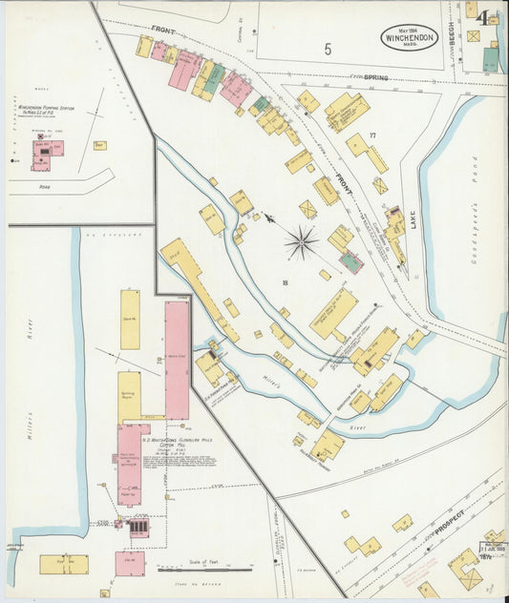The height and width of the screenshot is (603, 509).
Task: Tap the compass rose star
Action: pos(302,242)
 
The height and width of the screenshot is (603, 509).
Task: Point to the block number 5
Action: pos(328,49)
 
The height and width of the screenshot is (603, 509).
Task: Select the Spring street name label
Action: pos(374,76)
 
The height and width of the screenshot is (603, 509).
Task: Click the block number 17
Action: pos(372,135)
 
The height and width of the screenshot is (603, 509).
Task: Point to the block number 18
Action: pos(285,281)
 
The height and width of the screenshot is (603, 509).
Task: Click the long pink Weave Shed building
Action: pos(177,360)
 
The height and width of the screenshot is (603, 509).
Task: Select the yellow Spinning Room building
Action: pos(129,396)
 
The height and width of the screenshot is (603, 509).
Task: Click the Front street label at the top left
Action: pos(164,31)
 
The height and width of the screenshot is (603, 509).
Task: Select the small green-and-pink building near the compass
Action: pos(351,261)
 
